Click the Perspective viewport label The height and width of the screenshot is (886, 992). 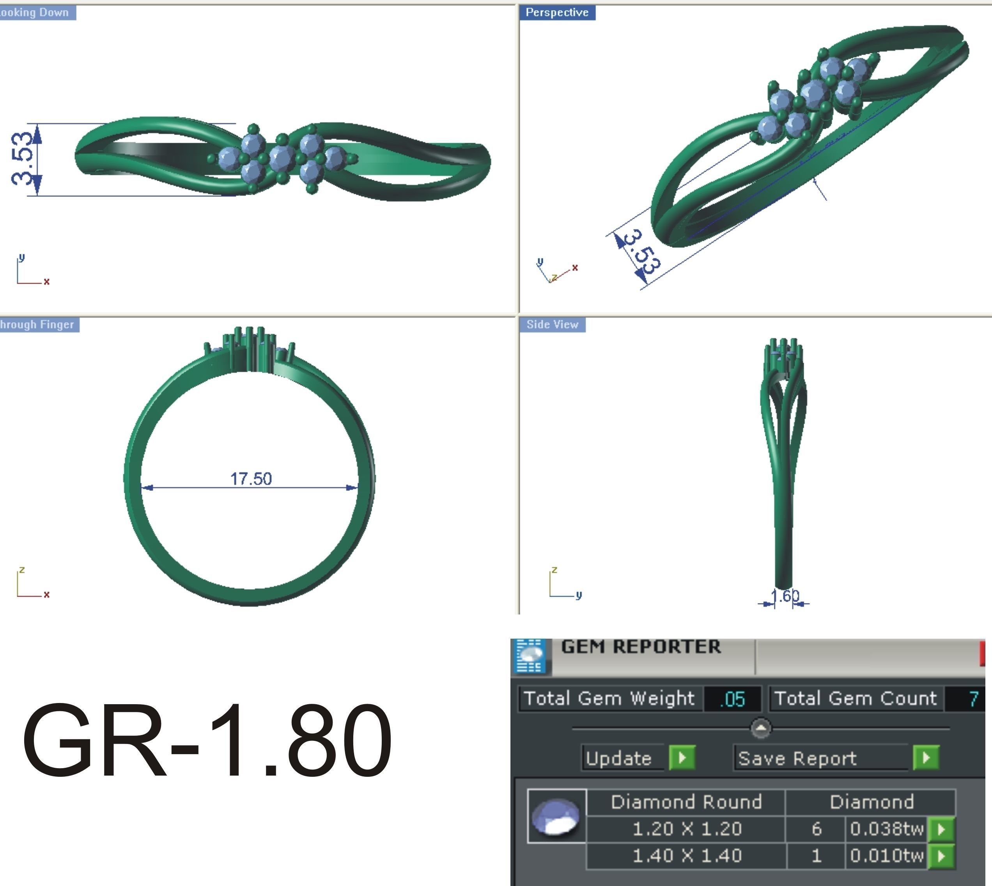pyautogui.click(x=557, y=12)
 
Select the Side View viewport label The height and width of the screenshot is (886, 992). pyautogui.click(x=552, y=325)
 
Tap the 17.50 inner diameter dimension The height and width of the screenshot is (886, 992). pyautogui.click(x=251, y=479)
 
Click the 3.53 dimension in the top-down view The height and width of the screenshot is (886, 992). pyautogui.click(x=23, y=159)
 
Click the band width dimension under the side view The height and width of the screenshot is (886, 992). pyautogui.click(x=785, y=596)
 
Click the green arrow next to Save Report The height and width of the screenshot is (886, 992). pyautogui.click(x=925, y=758)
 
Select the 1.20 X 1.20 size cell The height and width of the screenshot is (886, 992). pyautogui.click(x=686, y=829)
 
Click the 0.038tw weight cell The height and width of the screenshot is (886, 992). pyautogui.click(x=886, y=829)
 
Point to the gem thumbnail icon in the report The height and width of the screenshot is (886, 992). pyautogui.click(x=556, y=816)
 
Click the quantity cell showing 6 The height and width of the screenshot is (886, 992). pyautogui.click(x=817, y=829)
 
